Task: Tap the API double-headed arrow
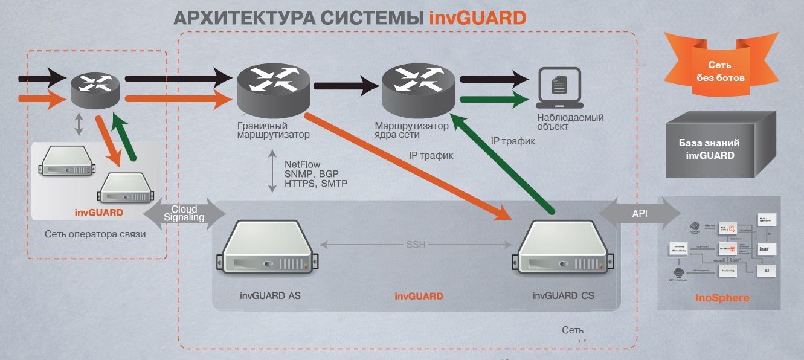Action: coord(639,213)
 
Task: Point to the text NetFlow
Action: coord(302,164)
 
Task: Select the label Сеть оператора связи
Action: coord(95,234)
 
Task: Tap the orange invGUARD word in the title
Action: coord(478,18)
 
